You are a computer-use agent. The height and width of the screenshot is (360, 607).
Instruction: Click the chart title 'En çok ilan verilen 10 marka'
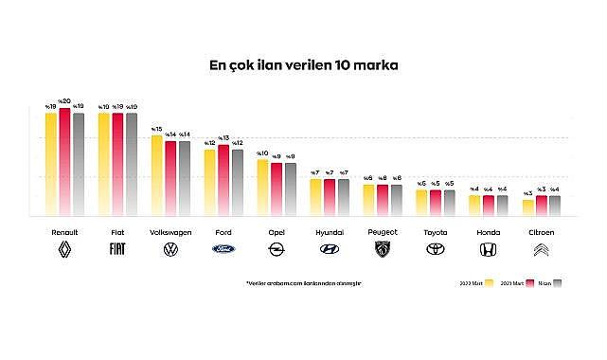pyautogui.click(x=304, y=67)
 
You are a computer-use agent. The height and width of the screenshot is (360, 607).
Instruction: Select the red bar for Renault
pyautogui.click(x=64, y=161)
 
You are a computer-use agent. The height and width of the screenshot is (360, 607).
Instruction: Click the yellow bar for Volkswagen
pyautogui.click(x=157, y=175)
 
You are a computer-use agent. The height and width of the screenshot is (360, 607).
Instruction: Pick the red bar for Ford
pyautogui.click(x=223, y=180)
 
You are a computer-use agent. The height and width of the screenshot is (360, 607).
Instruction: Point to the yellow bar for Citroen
pyautogui.click(x=528, y=207)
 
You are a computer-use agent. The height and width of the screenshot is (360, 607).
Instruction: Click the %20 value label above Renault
pyautogui.click(x=64, y=101)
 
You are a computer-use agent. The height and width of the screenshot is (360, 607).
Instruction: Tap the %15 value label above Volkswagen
pyautogui.click(x=157, y=129)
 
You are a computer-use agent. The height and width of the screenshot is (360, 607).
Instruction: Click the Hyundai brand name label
pyautogui.click(x=330, y=231)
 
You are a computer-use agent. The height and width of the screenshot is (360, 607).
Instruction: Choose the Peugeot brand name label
pyautogui.click(x=383, y=231)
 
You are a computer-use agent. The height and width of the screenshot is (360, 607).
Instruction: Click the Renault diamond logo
pyautogui.click(x=64, y=250)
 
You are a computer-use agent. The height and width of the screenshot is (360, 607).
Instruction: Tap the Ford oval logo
pyautogui.click(x=223, y=250)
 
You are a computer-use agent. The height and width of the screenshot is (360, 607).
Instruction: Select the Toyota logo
pyautogui.click(x=436, y=250)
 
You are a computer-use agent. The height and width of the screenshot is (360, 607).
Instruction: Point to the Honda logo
pyautogui.click(x=489, y=250)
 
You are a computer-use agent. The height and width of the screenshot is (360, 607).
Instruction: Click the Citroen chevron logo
pyautogui.click(x=542, y=250)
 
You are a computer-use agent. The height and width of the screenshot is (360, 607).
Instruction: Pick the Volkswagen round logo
pyautogui.click(x=170, y=250)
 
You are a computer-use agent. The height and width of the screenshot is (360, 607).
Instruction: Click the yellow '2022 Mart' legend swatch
pyautogui.click(x=489, y=282)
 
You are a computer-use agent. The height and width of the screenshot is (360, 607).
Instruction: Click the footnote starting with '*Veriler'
pyautogui.click(x=303, y=282)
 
